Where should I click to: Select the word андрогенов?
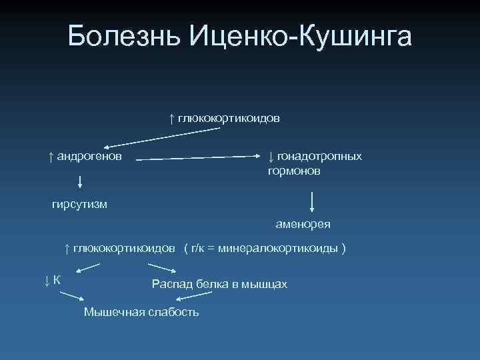pyautogui.click(x=89, y=156)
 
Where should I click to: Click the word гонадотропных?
pyautogui.click(x=319, y=156)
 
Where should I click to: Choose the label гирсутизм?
pyautogui.click(x=79, y=203)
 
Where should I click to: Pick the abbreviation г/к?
pyautogui.click(x=198, y=248)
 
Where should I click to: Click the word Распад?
pyautogui.click(x=170, y=285)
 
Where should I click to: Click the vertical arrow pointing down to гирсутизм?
pyautogui.click(x=80, y=181)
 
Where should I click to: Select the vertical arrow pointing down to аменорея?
pyautogui.click(x=312, y=203)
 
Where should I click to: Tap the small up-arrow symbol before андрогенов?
pyautogui.click(x=51, y=156)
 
